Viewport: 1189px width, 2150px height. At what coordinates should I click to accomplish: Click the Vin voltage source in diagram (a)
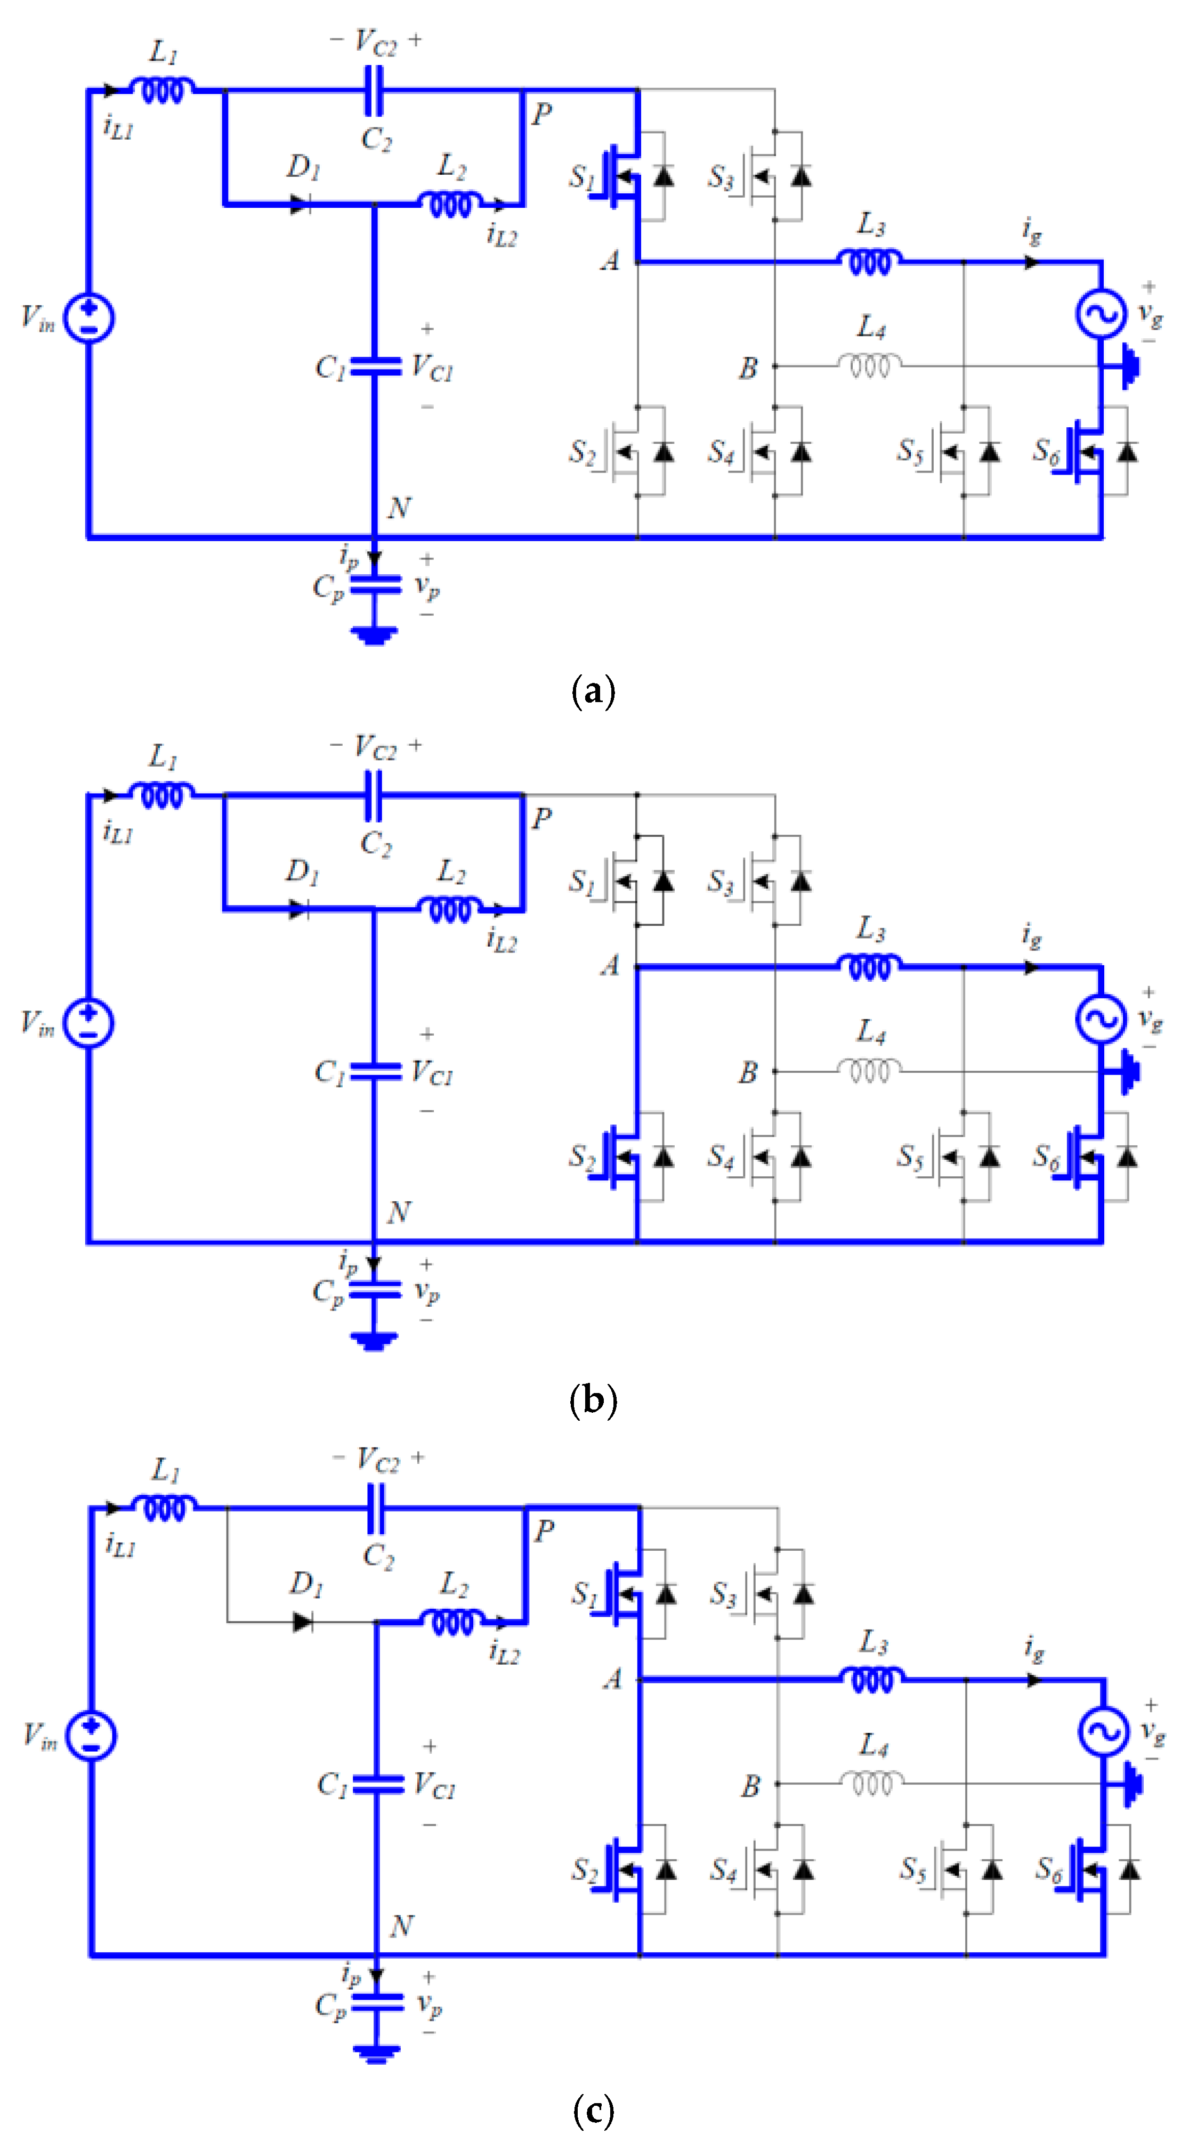coord(88,318)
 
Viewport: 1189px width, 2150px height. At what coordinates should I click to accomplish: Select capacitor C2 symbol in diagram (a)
coord(374,90)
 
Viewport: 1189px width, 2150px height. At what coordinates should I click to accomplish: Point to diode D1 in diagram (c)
coord(302,1622)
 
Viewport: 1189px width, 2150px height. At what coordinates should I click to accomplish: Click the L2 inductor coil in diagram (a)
coord(450,203)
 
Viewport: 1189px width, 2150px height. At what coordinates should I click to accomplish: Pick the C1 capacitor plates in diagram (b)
coord(374,1071)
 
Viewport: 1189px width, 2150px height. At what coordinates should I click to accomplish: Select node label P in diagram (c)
coord(544,1530)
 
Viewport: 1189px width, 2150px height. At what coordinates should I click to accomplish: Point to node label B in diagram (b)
coord(748,1072)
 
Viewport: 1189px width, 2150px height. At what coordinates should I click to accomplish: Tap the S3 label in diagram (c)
coord(723,1594)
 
